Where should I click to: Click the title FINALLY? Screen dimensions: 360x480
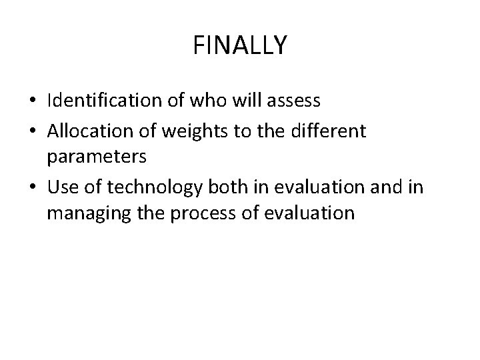240,45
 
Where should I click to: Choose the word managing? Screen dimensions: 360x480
82,213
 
